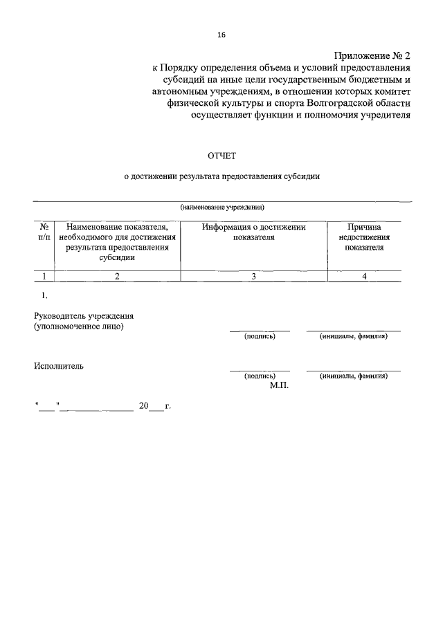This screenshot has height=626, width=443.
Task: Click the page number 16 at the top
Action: [x=221, y=35]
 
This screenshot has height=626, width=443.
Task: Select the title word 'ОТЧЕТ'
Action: [x=221, y=156]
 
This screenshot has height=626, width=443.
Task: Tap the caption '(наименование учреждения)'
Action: [x=222, y=207]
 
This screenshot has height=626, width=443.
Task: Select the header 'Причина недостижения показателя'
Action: [x=364, y=237]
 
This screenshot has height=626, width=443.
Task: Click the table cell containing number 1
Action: [x=44, y=276]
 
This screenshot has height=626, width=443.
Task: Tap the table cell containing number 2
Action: [x=117, y=276]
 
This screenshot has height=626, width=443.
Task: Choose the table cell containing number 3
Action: [x=253, y=276]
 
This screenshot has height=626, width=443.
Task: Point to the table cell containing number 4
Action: [x=364, y=276]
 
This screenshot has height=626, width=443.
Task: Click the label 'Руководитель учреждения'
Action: [x=83, y=316]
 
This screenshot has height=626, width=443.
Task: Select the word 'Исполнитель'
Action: [x=59, y=366]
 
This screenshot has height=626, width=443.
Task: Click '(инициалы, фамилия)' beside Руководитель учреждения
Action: [x=353, y=336]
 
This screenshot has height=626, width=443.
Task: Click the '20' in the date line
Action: [x=143, y=406]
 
